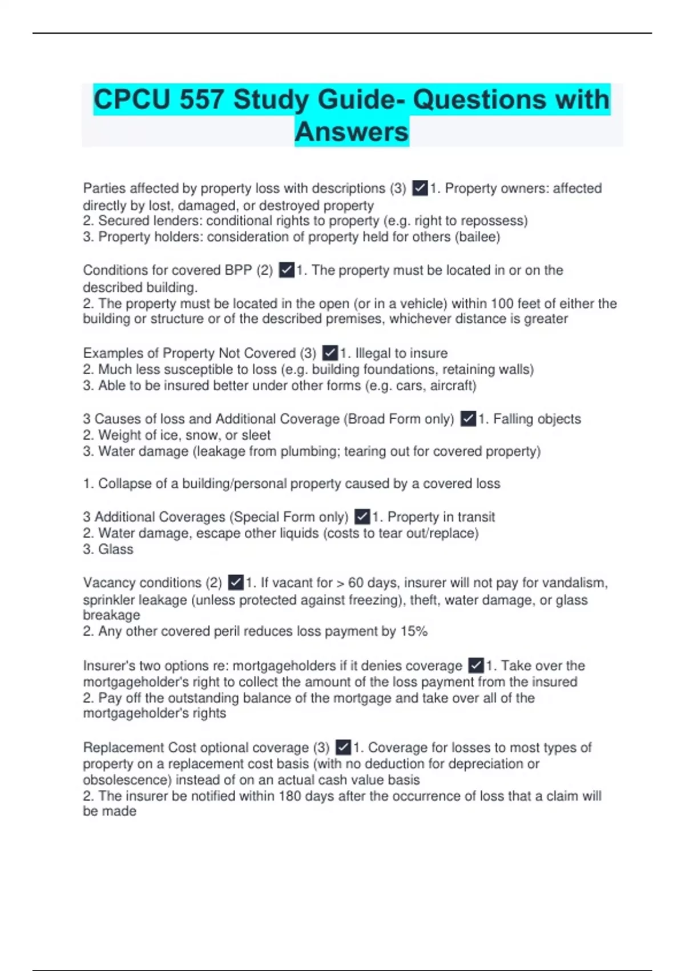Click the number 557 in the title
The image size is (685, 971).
(200, 100)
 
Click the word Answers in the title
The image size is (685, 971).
(352, 132)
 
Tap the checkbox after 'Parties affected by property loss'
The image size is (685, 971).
(420, 188)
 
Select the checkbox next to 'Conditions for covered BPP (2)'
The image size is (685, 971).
(287, 270)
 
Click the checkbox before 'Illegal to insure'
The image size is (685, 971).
(330, 353)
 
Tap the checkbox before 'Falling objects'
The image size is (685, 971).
(468, 419)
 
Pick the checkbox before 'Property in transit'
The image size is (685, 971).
(362, 517)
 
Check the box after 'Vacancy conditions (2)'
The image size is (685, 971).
(236, 583)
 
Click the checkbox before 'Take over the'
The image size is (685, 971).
(476, 665)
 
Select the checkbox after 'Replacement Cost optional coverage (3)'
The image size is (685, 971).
(343, 747)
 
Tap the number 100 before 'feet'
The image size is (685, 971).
(501, 303)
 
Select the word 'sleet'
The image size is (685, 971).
(255, 435)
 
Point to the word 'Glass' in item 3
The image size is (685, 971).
(116, 549)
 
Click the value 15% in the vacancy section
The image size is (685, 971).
(414, 631)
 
